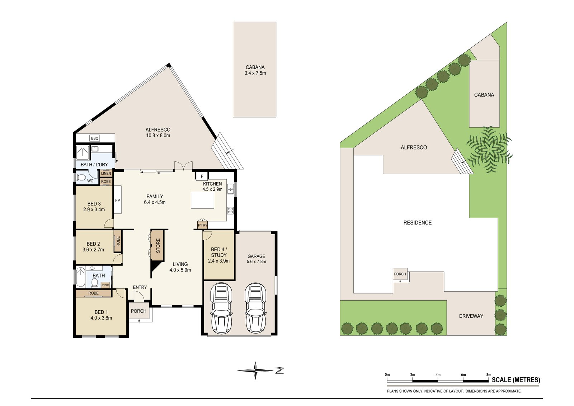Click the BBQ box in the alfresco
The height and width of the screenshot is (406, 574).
tap(95, 138)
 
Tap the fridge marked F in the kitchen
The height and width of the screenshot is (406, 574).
tap(202, 176)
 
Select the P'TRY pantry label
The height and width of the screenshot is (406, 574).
tap(202, 225)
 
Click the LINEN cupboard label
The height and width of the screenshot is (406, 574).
tap(106, 174)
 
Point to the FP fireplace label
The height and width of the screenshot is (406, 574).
tap(118, 200)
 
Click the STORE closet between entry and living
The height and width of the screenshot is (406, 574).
tap(158, 246)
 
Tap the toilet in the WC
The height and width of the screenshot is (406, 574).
tap(81, 177)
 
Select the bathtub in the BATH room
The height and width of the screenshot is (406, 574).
tap(81, 277)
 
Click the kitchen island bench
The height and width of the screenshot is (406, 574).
tap(202, 200)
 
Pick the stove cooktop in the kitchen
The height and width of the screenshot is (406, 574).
tap(230, 211)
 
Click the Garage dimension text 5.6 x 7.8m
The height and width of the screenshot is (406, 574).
tap(256, 261)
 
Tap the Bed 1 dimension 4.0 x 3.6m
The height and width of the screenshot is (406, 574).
tap(101, 318)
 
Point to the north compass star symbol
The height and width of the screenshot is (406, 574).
tap(255, 370)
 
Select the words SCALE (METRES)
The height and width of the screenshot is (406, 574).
tap(516, 380)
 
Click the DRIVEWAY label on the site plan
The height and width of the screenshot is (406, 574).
tap(471, 316)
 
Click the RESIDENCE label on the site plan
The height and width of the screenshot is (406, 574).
tap(418, 223)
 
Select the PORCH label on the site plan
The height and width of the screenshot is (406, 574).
tap(400, 274)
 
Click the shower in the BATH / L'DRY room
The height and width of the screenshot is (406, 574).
tap(83, 152)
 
